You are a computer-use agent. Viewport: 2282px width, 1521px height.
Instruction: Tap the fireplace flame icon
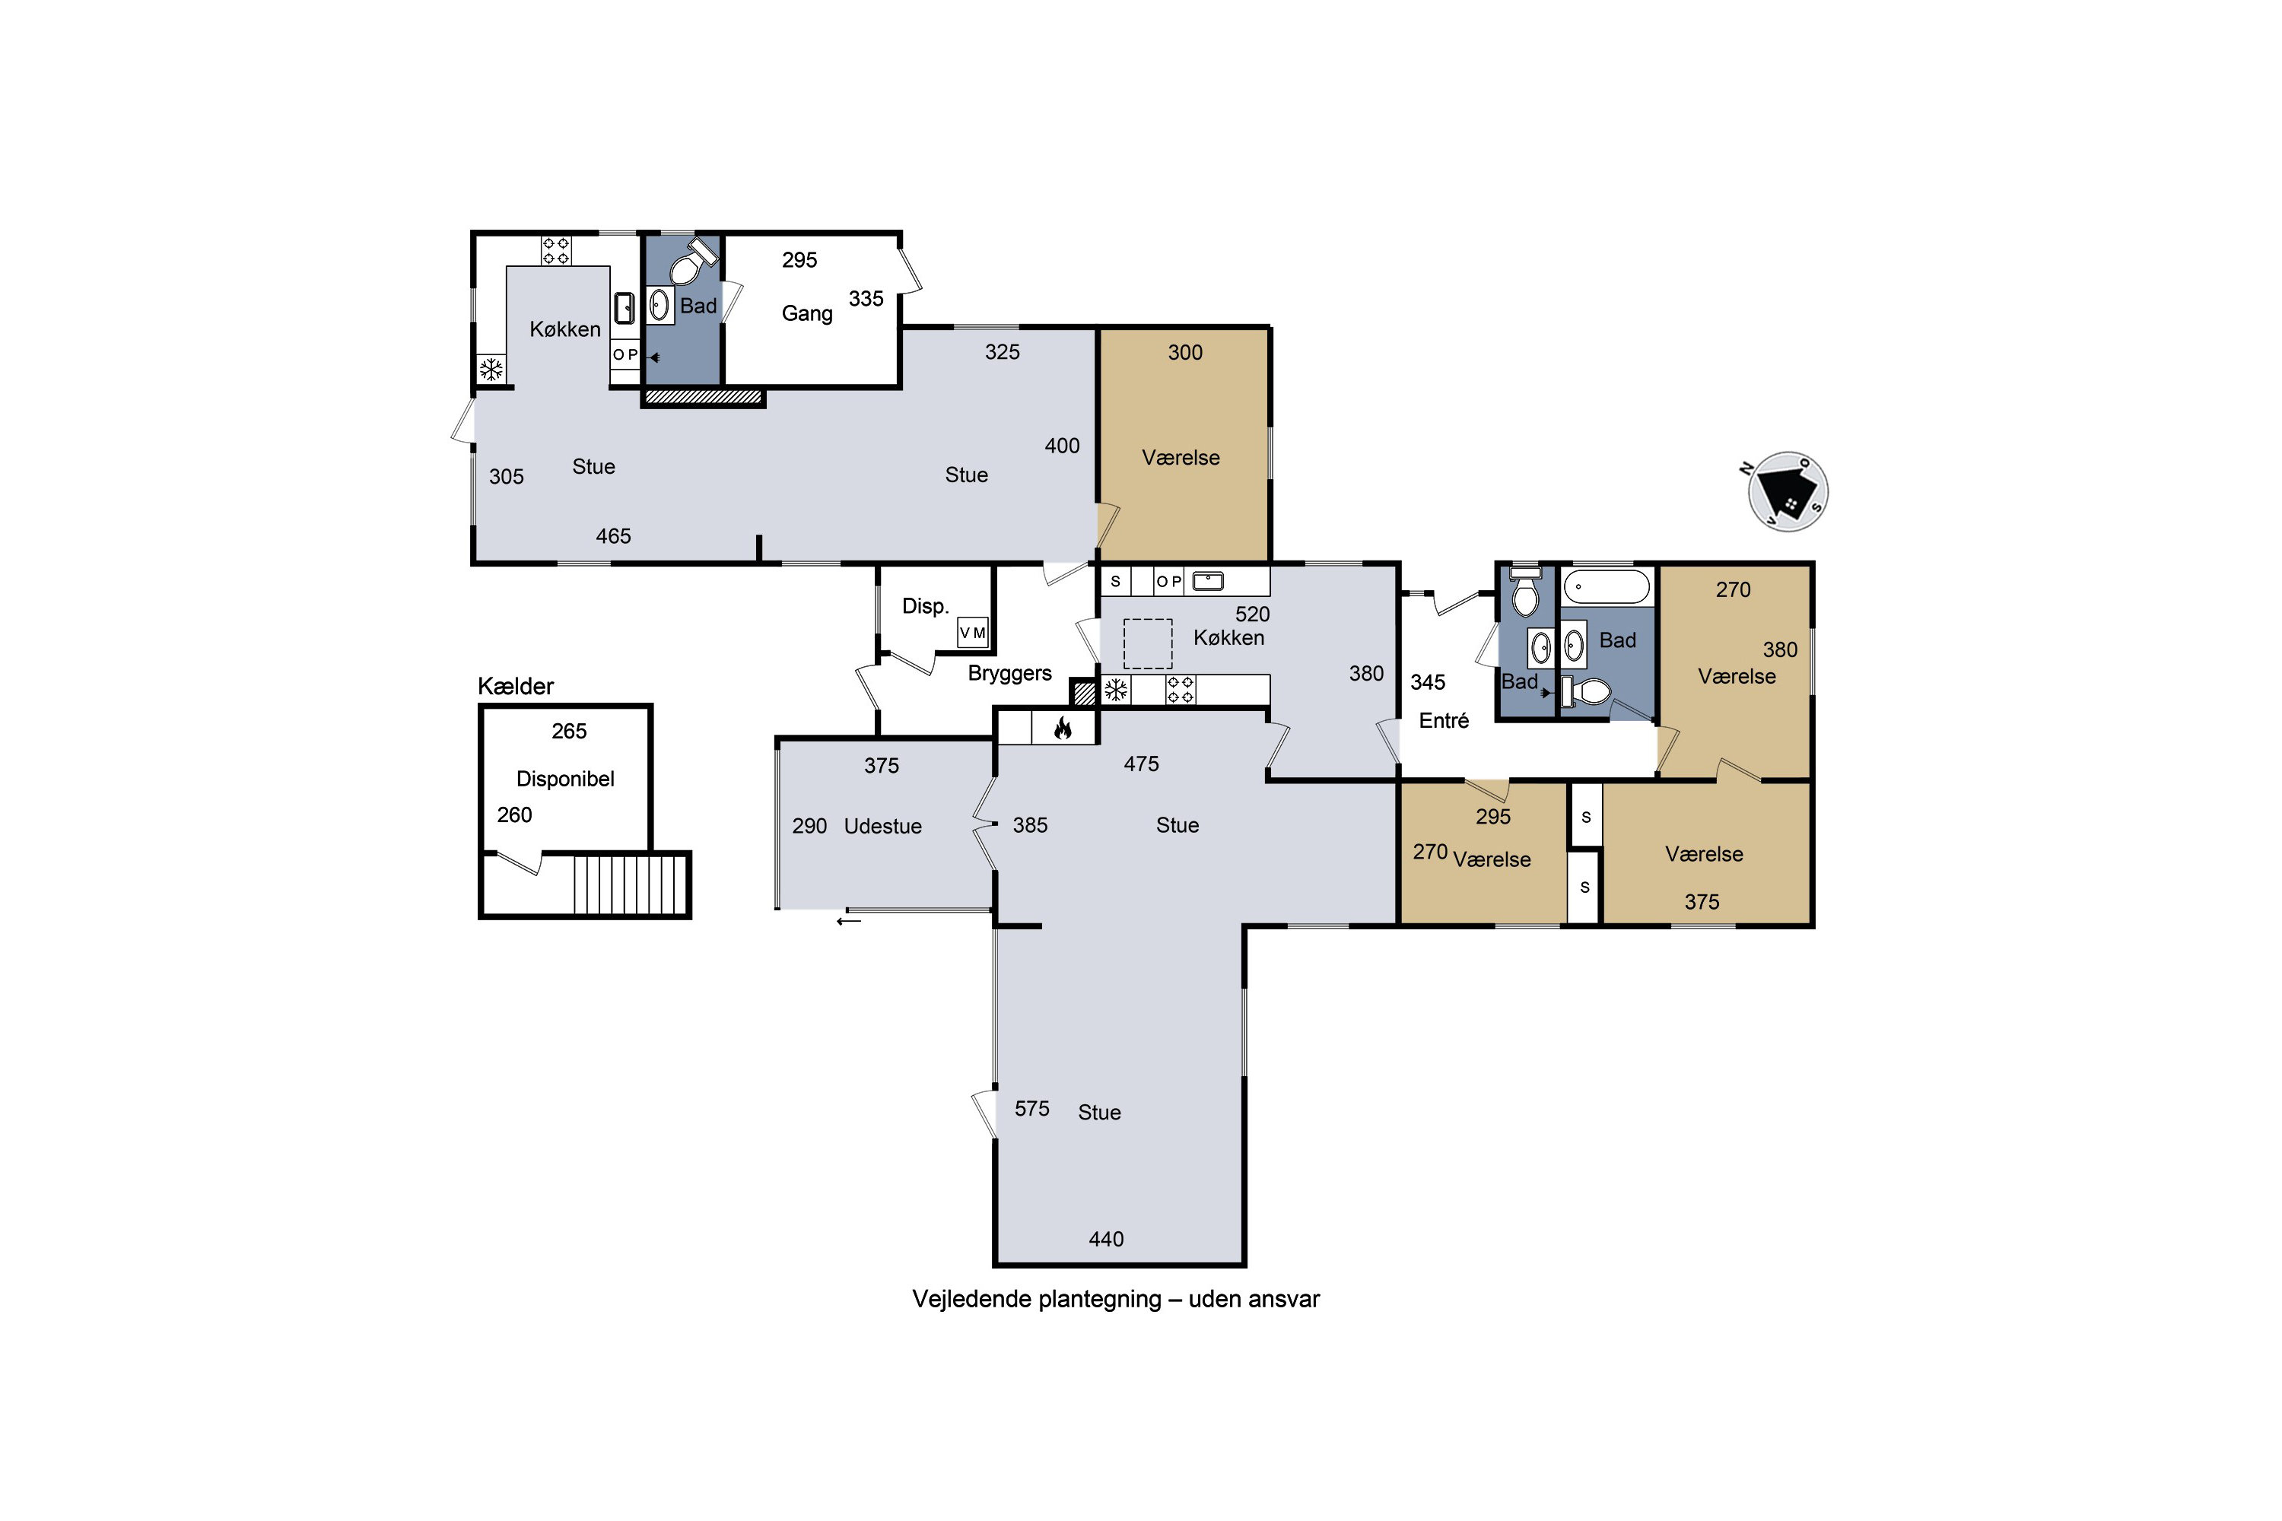click(1063, 728)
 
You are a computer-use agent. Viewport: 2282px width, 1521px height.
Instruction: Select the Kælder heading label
click(515, 687)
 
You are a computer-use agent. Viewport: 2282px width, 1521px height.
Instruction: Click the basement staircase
click(630, 884)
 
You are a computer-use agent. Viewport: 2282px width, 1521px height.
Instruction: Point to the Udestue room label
click(883, 827)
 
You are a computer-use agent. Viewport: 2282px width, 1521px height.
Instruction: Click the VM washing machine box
click(973, 633)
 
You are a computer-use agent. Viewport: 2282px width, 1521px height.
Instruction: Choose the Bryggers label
click(1010, 673)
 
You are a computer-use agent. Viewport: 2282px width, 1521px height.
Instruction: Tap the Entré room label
click(1444, 721)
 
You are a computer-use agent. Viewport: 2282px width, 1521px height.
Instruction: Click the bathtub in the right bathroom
click(1607, 588)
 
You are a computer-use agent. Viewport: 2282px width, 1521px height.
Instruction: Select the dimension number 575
click(1032, 1109)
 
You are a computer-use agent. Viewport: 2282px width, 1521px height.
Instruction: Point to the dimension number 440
click(1106, 1240)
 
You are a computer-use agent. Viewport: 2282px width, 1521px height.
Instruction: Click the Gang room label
click(807, 314)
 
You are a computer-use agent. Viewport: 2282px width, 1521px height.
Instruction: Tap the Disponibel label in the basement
click(566, 779)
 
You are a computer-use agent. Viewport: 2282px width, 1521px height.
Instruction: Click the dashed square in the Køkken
click(1148, 644)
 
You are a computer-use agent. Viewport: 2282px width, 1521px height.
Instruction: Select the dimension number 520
click(1253, 614)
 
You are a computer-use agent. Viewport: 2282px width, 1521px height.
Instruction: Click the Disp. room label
click(926, 607)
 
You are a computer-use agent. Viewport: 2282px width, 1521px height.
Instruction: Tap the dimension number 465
click(613, 536)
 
